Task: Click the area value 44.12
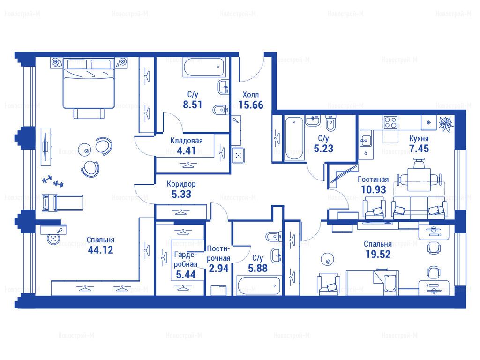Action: (x=100, y=250)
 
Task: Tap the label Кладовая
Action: (x=187, y=141)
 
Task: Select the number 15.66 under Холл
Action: (x=251, y=105)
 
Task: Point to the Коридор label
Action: (x=181, y=184)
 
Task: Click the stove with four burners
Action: (x=391, y=123)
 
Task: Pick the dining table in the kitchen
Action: (x=419, y=178)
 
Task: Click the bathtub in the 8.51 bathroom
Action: (x=203, y=67)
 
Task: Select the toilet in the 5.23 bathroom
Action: (x=330, y=123)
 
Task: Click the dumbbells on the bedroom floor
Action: (x=52, y=181)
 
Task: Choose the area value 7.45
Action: (x=419, y=149)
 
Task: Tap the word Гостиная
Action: (x=373, y=180)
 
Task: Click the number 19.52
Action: (x=378, y=254)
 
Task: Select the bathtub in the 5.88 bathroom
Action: (x=259, y=285)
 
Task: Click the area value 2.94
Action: (x=218, y=269)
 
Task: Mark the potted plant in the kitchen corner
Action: (x=445, y=123)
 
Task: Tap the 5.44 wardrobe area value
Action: (x=186, y=275)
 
